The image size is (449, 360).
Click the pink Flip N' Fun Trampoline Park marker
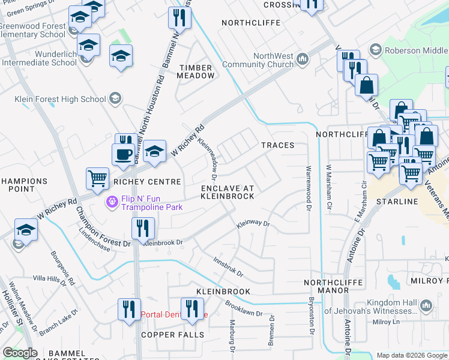point(111,202)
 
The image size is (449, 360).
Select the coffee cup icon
point(123,154)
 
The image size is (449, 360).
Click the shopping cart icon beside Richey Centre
point(97,178)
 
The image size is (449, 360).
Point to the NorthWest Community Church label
point(258,60)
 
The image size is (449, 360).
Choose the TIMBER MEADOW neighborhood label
point(196,72)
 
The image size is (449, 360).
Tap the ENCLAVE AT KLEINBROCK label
point(227,192)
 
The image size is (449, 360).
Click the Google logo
point(20,353)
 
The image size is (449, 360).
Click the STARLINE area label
point(396,202)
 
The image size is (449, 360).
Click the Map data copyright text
point(412,355)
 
